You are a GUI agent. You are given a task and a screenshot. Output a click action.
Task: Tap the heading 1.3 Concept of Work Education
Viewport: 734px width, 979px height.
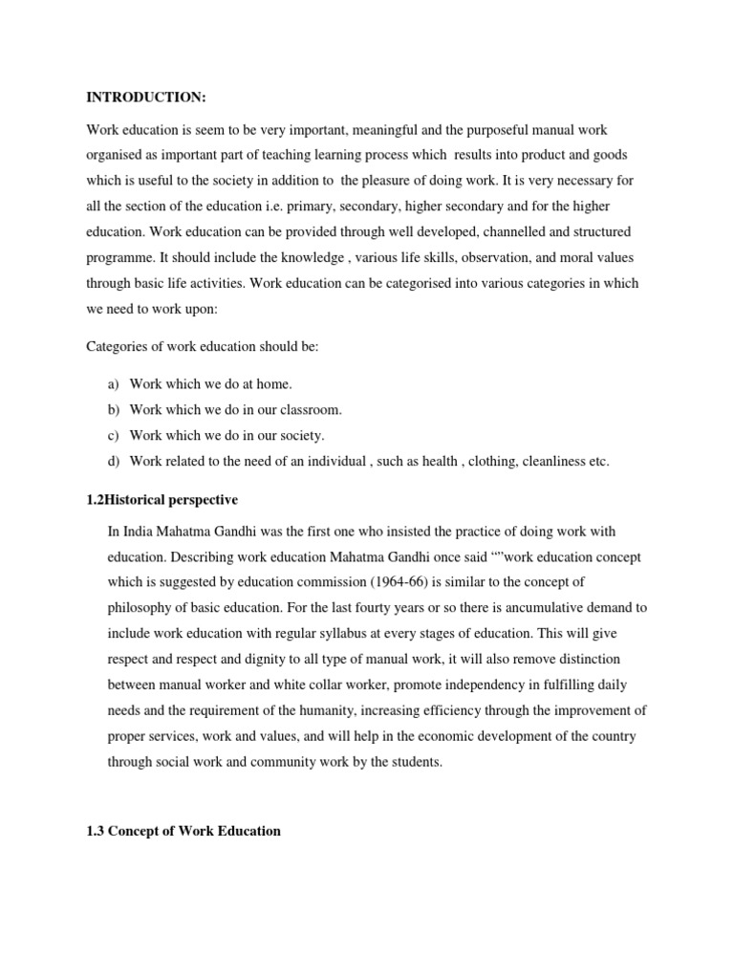(183, 831)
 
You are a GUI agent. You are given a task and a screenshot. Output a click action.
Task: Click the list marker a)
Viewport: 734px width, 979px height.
(113, 384)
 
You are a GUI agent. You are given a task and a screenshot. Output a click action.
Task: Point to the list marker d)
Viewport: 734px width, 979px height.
(113, 462)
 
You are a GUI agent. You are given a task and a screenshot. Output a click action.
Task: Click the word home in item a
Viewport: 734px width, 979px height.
(272, 384)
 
